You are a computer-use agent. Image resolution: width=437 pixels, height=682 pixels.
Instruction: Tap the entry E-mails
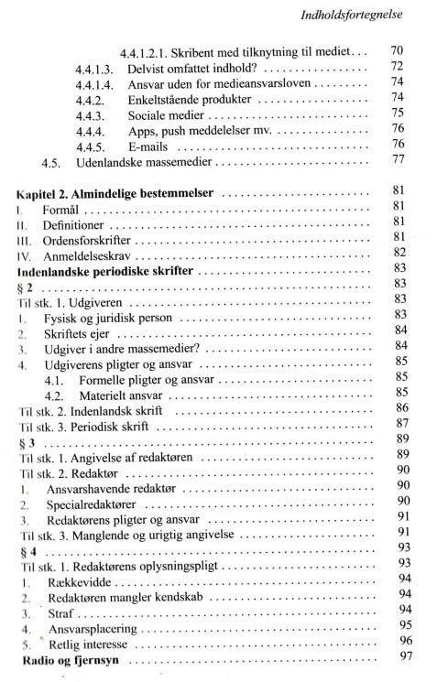pos(150,146)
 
